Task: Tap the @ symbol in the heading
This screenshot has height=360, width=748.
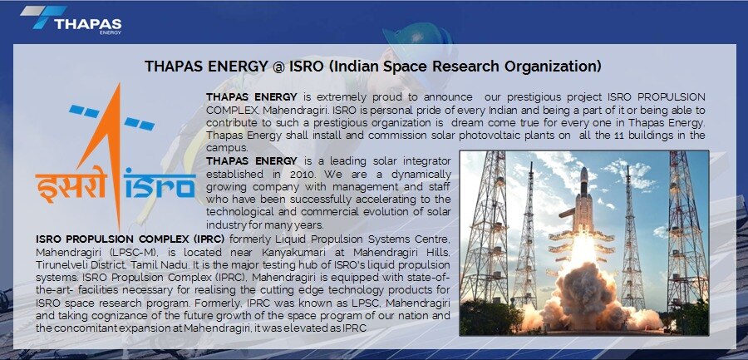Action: (x=278, y=67)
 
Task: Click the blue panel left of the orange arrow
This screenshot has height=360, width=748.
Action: (x=84, y=111)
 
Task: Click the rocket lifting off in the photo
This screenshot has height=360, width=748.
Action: (x=583, y=200)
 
